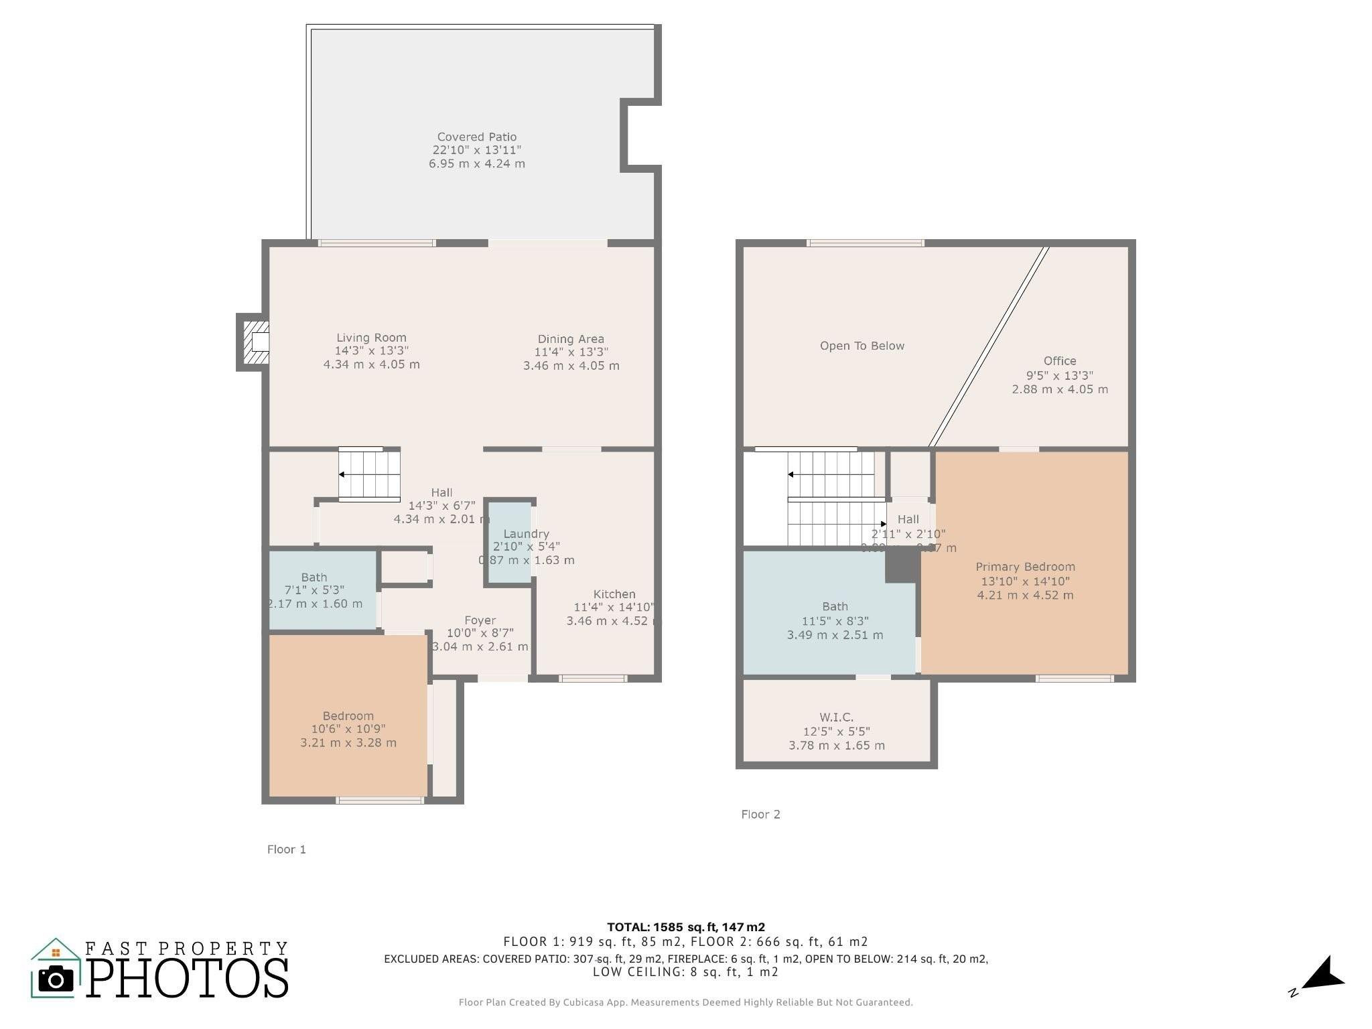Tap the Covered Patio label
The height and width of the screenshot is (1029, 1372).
476,137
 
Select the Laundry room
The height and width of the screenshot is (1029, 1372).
509,543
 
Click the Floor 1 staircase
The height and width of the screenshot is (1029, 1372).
368,474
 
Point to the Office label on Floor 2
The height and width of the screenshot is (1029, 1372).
1059,360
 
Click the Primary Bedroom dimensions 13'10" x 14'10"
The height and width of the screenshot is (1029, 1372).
1025,581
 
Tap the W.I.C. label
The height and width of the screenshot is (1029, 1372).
836,717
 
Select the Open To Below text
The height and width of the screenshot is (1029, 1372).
862,346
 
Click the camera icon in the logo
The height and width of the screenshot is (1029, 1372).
56,980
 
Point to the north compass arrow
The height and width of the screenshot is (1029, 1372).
1323,973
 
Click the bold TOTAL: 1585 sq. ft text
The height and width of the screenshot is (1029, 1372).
685,927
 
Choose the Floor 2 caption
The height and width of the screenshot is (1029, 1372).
760,814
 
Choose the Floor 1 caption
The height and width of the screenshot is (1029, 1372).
286,849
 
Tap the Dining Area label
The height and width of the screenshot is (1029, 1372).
570,339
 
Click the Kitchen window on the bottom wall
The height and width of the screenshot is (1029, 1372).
593,679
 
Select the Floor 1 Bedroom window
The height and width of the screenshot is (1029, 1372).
380,800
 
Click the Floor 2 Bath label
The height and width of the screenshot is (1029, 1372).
835,606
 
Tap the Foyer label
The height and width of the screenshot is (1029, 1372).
480,620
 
